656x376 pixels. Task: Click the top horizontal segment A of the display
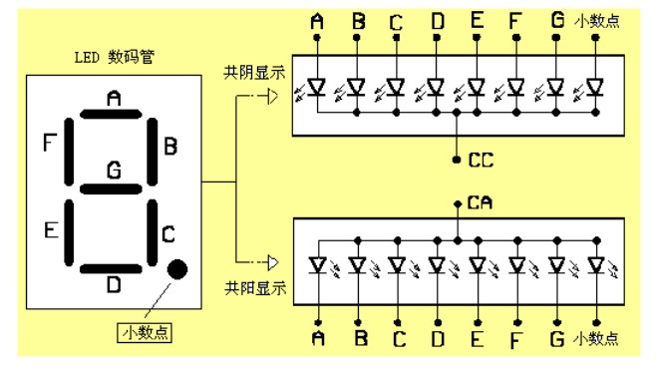coord(111,114)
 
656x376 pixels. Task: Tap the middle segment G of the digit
coord(111,189)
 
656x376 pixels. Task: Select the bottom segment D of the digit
coord(111,269)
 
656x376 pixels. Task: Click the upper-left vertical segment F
coord(69,152)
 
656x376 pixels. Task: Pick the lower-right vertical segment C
coord(153,232)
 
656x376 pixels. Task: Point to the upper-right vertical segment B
coord(153,152)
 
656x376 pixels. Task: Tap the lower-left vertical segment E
coord(69,232)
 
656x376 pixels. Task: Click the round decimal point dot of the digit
coord(177,269)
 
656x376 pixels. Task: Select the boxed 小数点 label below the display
coord(145,333)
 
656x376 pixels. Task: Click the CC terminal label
coord(482,160)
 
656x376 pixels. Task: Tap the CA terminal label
coord(480,202)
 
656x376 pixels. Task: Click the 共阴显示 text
coord(254,73)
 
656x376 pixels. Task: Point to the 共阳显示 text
coord(255,288)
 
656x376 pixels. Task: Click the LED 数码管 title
coord(115,57)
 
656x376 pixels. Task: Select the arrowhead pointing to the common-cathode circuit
coord(273,97)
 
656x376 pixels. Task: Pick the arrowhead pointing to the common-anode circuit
coord(273,262)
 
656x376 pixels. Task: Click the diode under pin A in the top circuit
coord(317,88)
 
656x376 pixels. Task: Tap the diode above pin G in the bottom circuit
coord(557,265)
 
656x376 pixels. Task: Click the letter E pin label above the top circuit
coord(477,20)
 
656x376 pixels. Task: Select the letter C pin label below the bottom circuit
coord(399,339)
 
